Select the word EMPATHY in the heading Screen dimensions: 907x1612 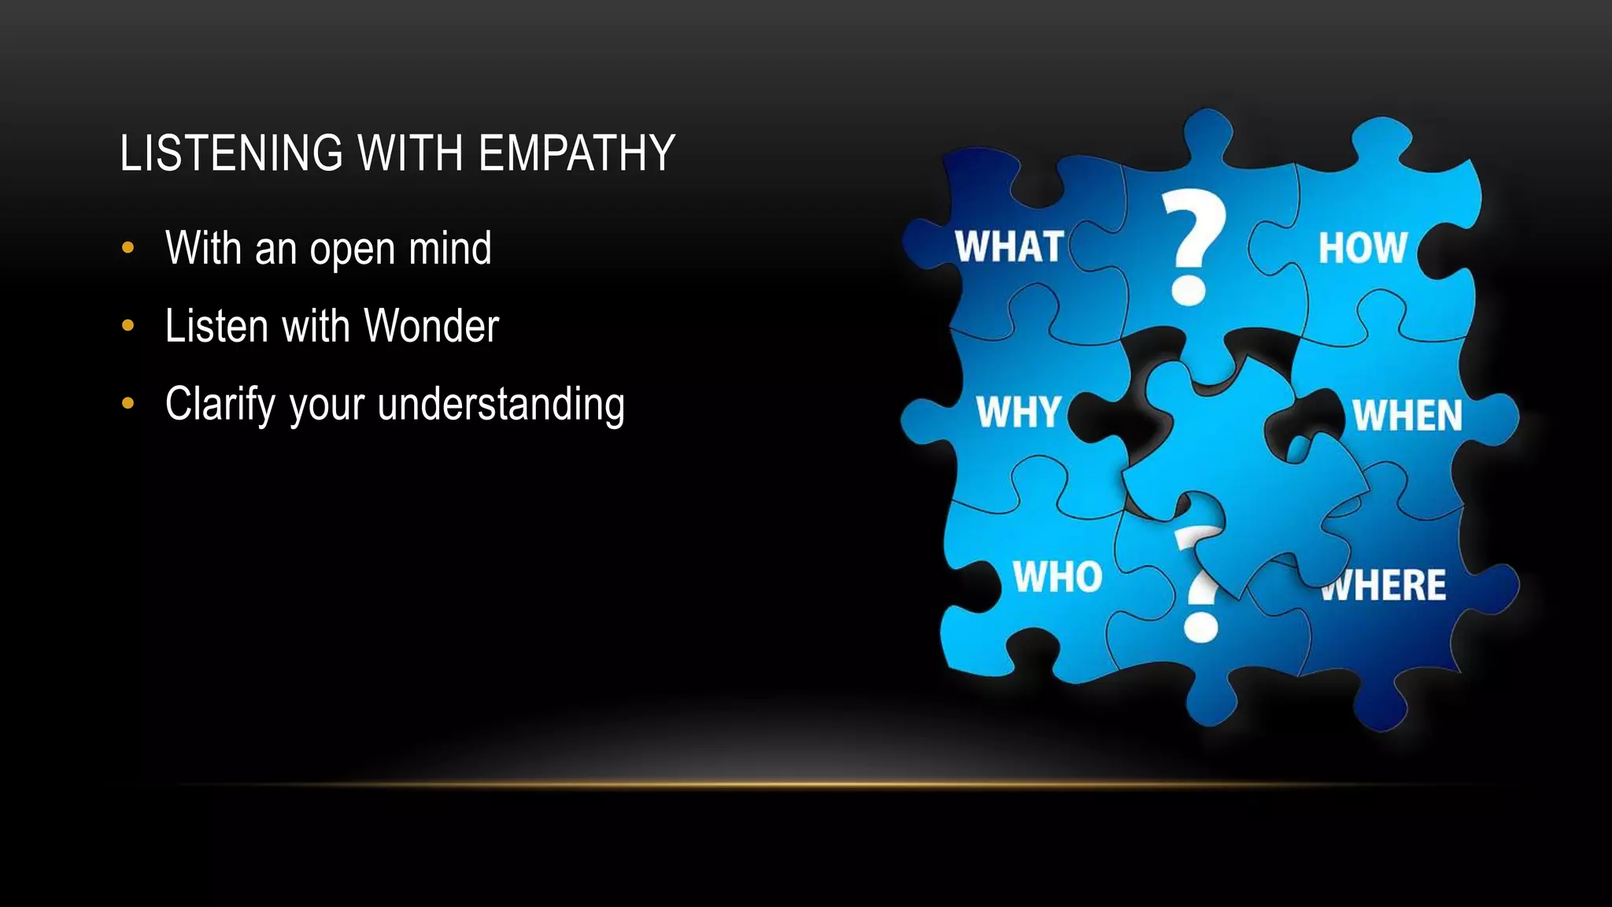(577, 153)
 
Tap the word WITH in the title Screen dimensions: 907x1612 (410, 153)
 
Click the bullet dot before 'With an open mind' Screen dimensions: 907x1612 (128, 249)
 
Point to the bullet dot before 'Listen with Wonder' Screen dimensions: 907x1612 (128, 326)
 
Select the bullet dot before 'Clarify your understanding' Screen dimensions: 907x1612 (128, 404)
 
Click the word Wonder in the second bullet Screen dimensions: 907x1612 (431, 326)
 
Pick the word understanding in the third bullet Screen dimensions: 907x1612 (501, 405)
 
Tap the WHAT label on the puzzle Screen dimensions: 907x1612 (1010, 246)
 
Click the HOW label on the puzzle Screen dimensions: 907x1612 (1362, 248)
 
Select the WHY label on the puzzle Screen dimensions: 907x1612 (1019, 412)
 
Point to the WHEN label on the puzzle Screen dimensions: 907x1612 (1407, 416)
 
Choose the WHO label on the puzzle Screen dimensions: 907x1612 (1057, 577)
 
